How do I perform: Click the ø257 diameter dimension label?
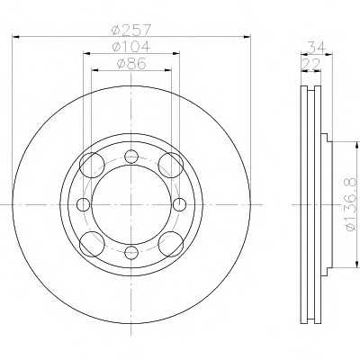pyautogui.click(x=130, y=31)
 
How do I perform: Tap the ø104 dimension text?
pyautogui.click(x=130, y=47)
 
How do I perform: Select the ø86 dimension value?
pyautogui.click(x=131, y=64)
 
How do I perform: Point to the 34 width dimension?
pyautogui.click(x=317, y=47)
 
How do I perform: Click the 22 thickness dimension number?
pyautogui.click(x=311, y=64)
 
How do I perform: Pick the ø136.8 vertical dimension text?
pyautogui.click(x=351, y=204)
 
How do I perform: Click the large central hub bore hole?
pyautogui.click(x=131, y=204)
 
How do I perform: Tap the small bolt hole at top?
pyautogui.click(x=131, y=157)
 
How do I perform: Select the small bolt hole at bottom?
pyautogui.click(x=131, y=253)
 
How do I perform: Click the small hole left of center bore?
pyautogui.click(x=84, y=204)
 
